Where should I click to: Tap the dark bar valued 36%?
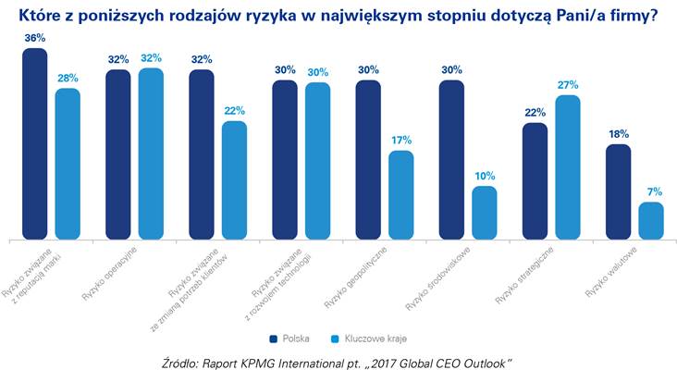(34, 143)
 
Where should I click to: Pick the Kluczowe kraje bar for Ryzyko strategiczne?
(567, 166)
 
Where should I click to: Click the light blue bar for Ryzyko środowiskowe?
(485, 212)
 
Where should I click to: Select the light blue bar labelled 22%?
(234, 179)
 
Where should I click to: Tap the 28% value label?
(68, 78)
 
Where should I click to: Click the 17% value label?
(401, 140)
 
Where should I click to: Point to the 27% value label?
(567, 84)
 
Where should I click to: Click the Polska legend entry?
(289, 338)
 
